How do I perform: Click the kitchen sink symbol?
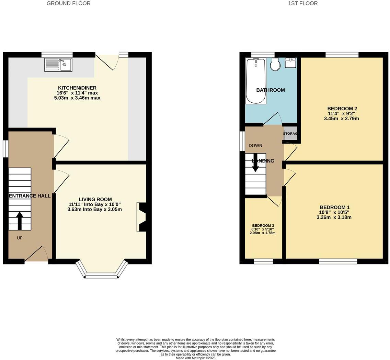[58, 65]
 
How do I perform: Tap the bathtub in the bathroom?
[255, 81]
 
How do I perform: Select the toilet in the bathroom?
[275, 64]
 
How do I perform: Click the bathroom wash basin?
[290, 63]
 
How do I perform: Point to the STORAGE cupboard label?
[290, 134]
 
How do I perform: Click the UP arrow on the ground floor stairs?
[19, 221]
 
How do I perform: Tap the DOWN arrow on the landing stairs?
[255, 164]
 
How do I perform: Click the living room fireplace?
[141, 217]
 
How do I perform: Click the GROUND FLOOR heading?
[68, 3]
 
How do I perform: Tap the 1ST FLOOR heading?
[302, 3]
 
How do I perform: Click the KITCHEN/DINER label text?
[77, 88]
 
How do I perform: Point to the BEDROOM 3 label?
[263, 226]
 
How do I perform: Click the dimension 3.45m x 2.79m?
[341, 119]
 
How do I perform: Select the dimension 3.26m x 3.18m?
[334, 217]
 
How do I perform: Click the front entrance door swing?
[36, 254]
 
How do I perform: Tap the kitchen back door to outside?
[107, 62]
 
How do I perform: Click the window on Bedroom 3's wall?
[263, 262]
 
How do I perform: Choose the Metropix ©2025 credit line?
[195, 358]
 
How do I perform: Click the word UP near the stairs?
[20, 238]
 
